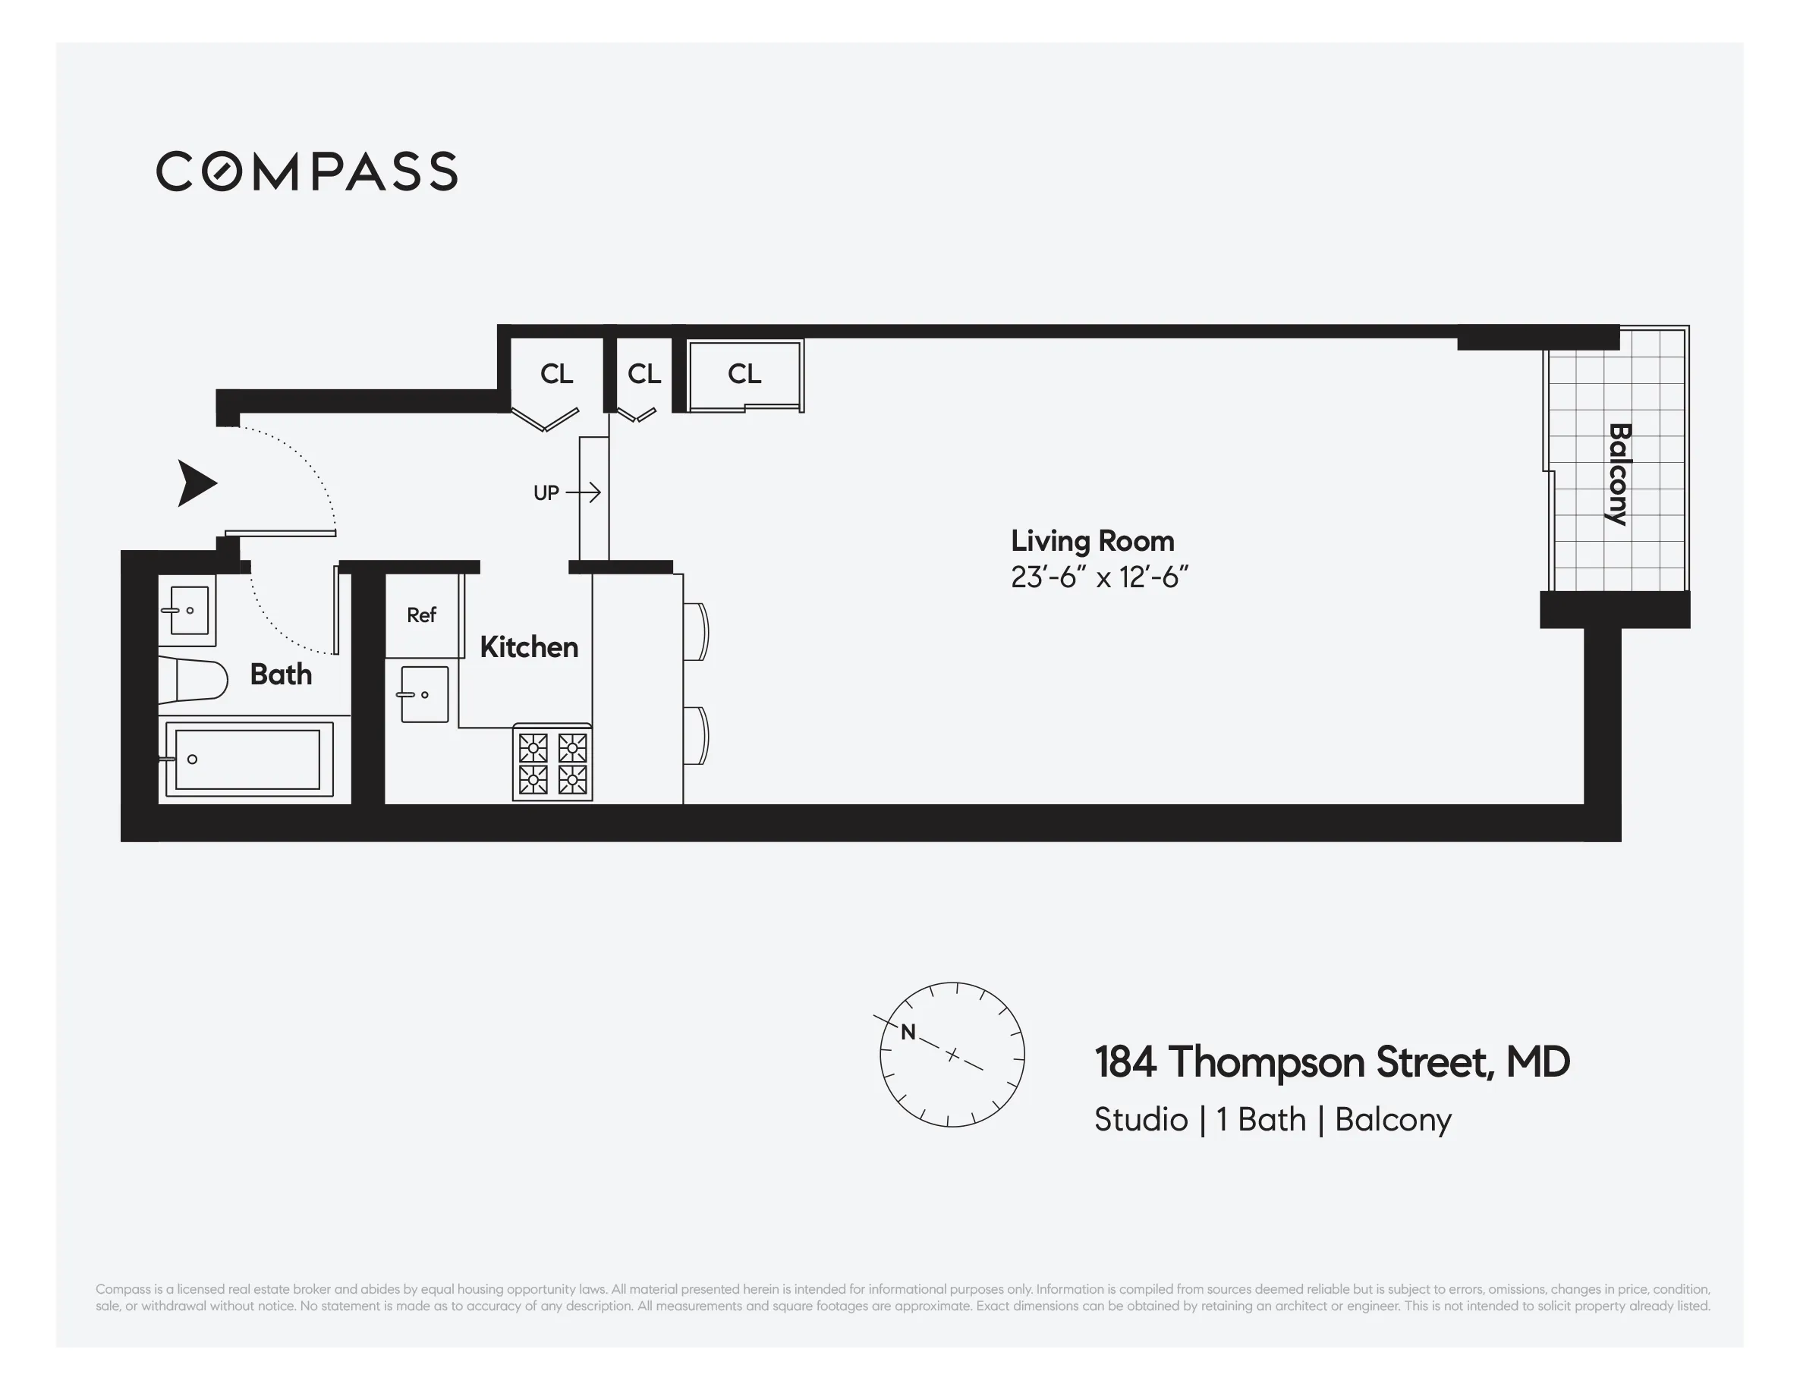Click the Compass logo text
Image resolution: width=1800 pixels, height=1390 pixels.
[307, 171]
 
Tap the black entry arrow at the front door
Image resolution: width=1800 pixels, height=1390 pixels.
[196, 483]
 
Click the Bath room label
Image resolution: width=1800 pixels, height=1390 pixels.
[281, 674]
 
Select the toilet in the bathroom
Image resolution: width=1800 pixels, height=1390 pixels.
[194, 680]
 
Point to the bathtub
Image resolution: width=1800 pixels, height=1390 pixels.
[247, 759]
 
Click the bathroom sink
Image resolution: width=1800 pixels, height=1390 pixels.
[189, 611]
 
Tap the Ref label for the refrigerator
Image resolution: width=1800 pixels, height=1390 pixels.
[421, 615]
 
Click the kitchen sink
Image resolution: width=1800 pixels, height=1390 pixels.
[424, 694]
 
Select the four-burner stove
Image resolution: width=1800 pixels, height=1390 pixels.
[552, 763]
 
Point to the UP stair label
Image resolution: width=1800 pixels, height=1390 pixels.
[546, 492]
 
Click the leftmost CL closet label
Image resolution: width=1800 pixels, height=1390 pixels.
[556, 373]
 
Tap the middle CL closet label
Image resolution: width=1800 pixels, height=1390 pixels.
[644, 373]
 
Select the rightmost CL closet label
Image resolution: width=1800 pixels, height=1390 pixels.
[744, 373]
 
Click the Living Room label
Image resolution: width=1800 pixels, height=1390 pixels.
[1092, 540]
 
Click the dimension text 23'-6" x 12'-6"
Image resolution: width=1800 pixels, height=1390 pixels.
[1099, 577]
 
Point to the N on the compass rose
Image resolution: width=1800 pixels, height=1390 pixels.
[908, 1032]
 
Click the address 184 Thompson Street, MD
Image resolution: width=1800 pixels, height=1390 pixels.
[1332, 1061]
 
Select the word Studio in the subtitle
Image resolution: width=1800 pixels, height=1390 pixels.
[1141, 1119]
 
